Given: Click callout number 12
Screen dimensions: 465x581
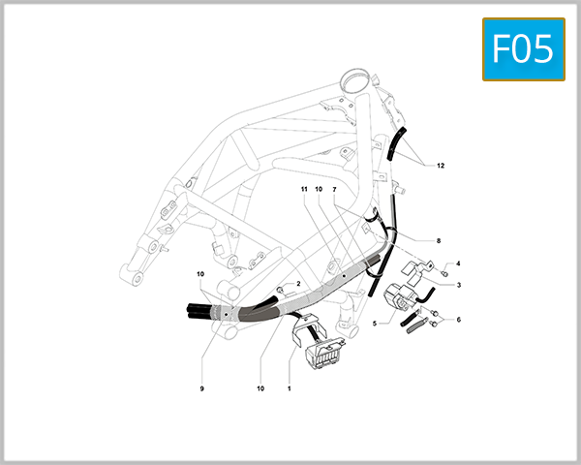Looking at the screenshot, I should [441, 166].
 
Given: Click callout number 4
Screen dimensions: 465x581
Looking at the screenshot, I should [458, 263].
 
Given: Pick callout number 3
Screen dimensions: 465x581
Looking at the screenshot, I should [458, 285].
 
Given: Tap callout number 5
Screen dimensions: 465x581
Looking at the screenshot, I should [375, 325].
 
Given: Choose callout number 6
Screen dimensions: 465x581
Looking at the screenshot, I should [458, 319].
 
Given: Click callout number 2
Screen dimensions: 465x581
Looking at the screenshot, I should [298, 284].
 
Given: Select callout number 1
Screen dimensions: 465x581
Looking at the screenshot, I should [289, 388].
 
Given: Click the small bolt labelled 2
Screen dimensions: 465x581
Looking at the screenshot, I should [280, 290].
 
